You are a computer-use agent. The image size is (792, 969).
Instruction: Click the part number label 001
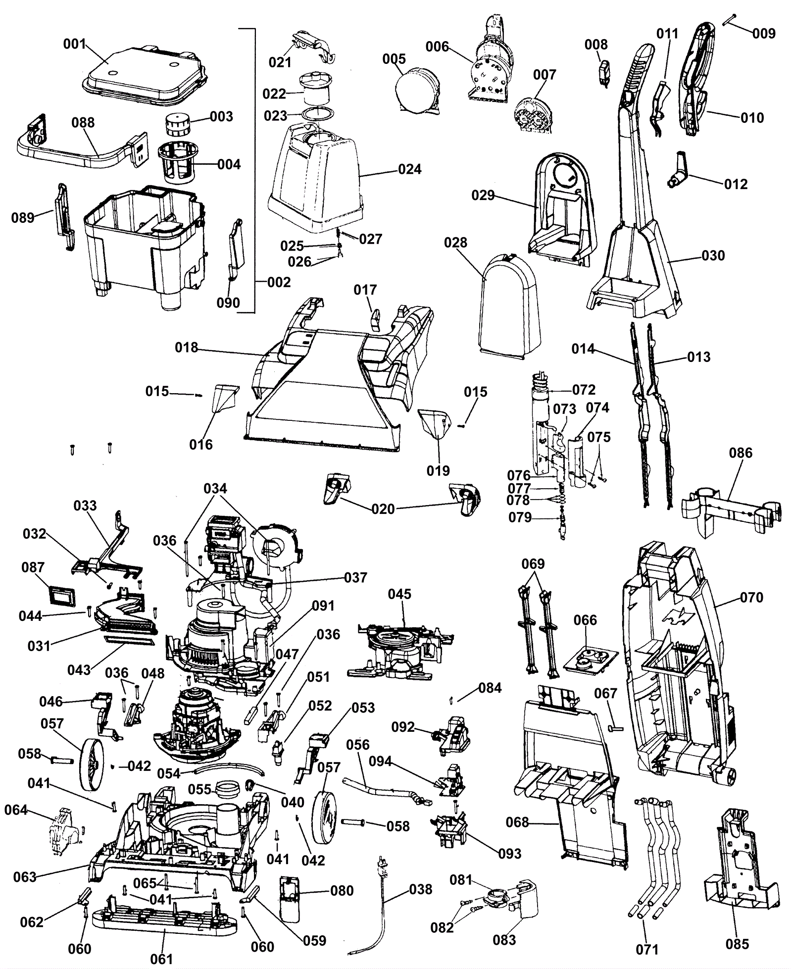pos(74,44)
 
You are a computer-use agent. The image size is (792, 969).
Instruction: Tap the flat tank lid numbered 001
pos(144,74)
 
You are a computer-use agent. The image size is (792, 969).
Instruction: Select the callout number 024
pos(410,169)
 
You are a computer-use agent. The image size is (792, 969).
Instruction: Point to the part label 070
pos(751,598)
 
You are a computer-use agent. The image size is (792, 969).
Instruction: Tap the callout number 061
pos(161,959)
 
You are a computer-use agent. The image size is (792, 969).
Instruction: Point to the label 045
pos(399,594)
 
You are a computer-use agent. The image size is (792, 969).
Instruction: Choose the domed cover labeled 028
pos(507,307)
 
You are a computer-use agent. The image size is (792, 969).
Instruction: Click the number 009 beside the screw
pos(764,33)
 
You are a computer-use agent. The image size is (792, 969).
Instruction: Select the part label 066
pos(585,620)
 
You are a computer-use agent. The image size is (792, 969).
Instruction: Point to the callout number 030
pos(713,255)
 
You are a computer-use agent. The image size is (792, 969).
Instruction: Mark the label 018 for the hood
pos(186,348)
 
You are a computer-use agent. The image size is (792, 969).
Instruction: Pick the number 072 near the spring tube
pos(584,390)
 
